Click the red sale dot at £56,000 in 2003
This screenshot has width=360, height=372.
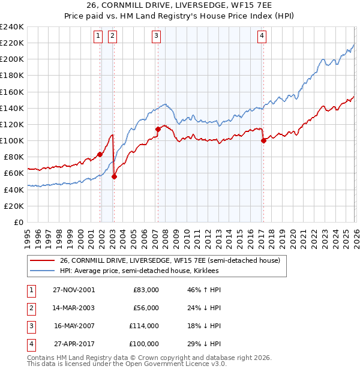coord(114,176)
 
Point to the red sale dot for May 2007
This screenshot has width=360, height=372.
coord(158,129)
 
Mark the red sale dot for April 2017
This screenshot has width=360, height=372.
coord(263,140)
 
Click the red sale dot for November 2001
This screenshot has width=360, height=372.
coord(100,154)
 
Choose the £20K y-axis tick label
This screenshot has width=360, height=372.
coord(13,206)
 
